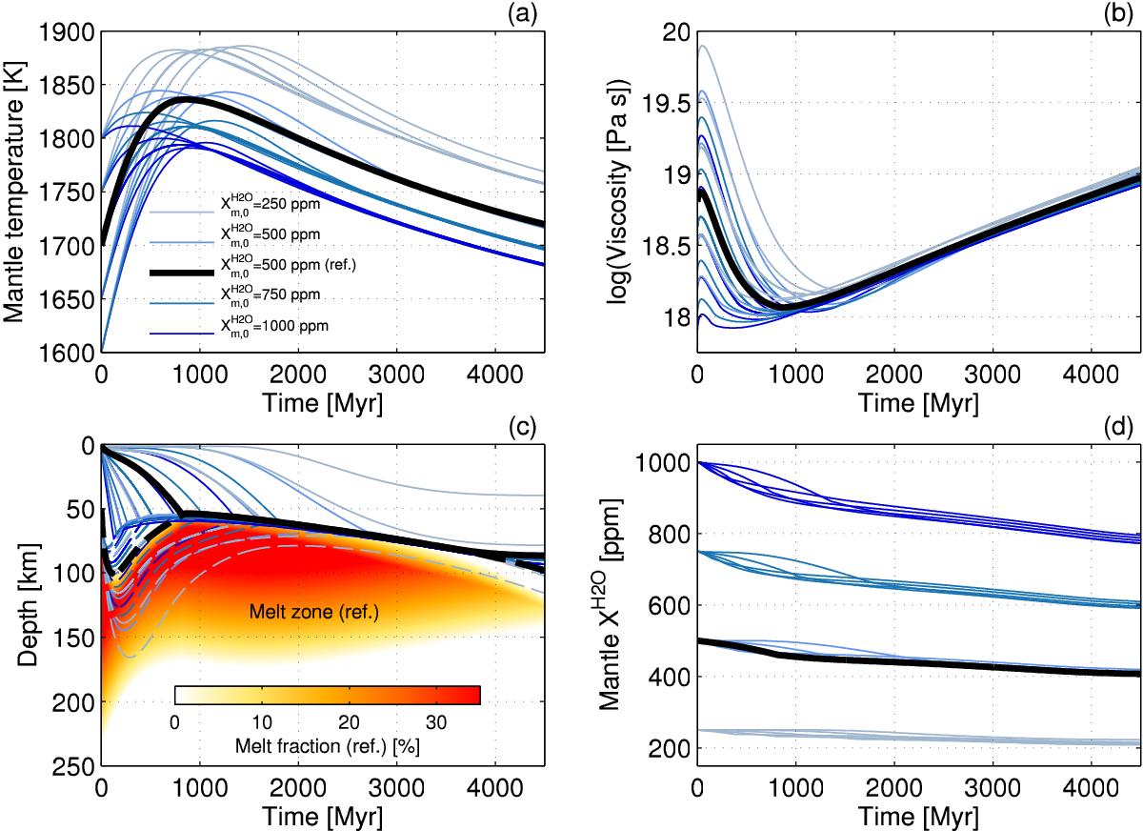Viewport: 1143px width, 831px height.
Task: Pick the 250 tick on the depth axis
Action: tap(75, 766)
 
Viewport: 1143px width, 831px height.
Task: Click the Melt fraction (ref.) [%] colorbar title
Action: tap(327, 746)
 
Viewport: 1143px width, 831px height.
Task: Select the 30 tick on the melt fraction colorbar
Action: tap(436, 721)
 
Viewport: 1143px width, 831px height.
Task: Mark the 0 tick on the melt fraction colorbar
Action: tap(174, 721)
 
